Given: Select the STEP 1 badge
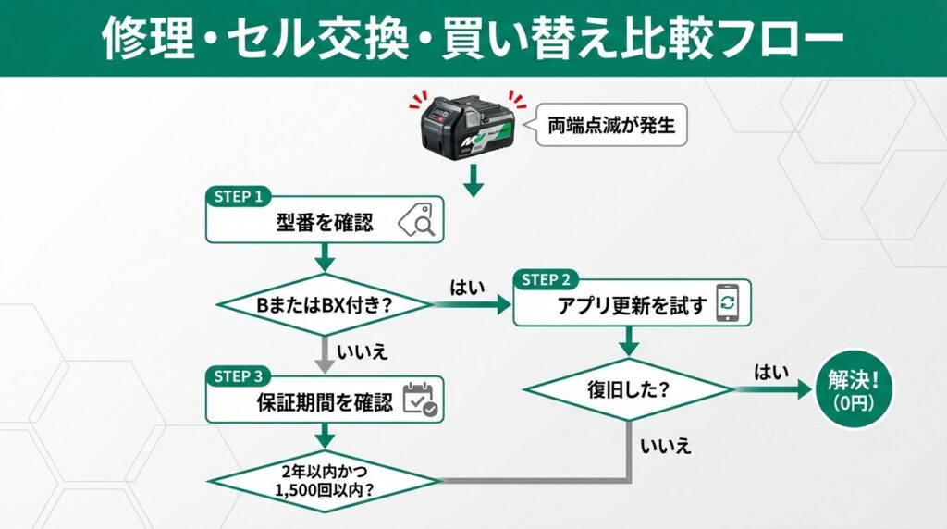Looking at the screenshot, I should click(239, 197).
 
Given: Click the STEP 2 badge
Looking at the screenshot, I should click(547, 280).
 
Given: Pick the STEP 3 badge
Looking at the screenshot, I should click(239, 376).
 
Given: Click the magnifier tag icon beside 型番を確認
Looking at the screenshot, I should click(415, 223).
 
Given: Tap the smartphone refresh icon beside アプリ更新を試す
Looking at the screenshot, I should click(728, 304).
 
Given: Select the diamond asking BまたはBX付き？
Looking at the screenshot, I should click(324, 304).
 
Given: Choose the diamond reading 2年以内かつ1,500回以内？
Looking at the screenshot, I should click(324, 480).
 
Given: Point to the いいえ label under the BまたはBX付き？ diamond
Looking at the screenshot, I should click(362, 351).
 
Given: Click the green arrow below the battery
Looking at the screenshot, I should click(473, 179).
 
